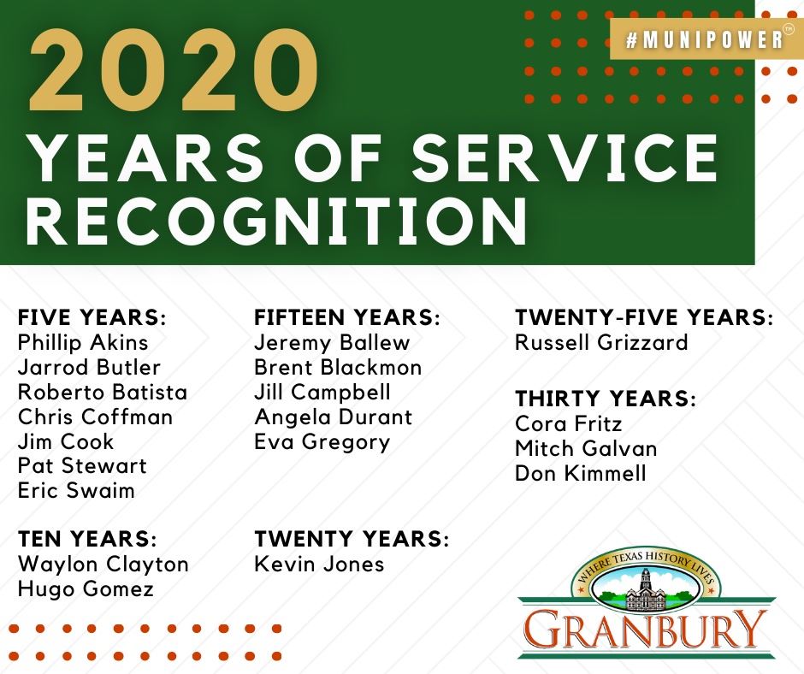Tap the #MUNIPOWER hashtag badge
pos(704,40)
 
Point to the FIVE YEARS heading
pos(92,318)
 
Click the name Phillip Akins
pos(83,343)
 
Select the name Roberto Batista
pos(102,393)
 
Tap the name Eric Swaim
pos(76,491)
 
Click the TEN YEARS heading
pos(87,540)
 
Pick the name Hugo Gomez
pos(86,588)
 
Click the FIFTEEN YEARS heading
pos(347,318)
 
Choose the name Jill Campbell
pos(322,393)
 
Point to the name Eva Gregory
pos(322,442)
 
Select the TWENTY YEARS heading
pos(351,540)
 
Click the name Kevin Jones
pos(319,565)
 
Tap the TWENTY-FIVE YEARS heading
pos(643,318)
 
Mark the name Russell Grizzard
pos(601,343)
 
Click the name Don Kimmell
pos(580,473)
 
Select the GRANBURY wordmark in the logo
pos(646,630)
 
